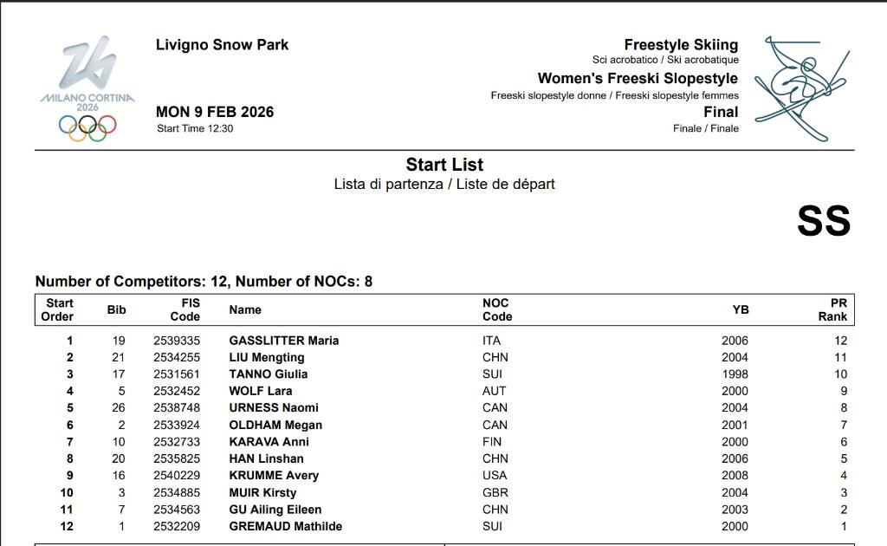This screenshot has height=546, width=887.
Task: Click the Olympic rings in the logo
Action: tap(87, 127)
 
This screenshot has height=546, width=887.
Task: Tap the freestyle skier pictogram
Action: tap(799, 87)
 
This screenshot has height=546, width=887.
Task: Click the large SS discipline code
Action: tap(823, 221)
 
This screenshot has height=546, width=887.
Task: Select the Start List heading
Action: tap(444, 165)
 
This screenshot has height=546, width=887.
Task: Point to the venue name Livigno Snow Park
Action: tap(222, 45)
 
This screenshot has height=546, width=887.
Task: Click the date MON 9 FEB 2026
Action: tap(215, 112)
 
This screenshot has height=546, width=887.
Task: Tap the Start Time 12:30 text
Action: tap(195, 129)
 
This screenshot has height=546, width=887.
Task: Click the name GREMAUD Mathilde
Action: tap(285, 526)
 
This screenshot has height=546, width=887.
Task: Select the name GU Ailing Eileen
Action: tap(275, 510)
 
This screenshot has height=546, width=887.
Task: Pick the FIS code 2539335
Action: tap(177, 341)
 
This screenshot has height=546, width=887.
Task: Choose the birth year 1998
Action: tap(735, 374)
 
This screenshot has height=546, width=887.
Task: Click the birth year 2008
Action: tap(735, 475)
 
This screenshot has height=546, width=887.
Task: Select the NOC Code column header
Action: tap(497, 309)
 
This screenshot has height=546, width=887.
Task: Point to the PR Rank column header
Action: tap(833, 309)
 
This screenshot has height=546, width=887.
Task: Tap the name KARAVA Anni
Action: tap(269, 442)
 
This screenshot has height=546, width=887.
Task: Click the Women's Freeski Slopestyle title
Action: tap(638, 78)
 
